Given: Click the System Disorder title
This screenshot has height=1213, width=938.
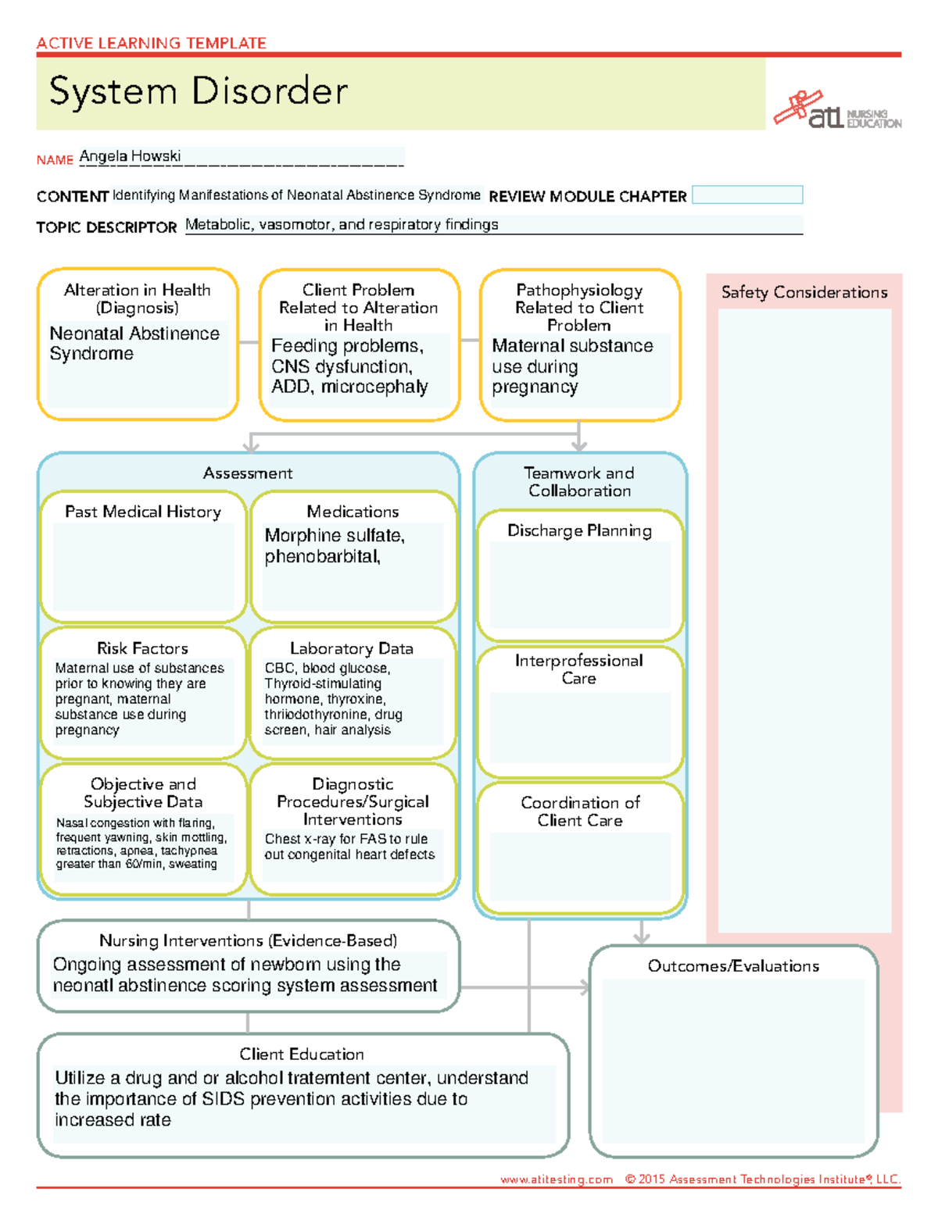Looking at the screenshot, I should coord(198,91).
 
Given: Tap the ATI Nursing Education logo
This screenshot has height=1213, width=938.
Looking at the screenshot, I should coord(837,111).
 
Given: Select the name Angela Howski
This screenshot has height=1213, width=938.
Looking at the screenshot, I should coord(130,156).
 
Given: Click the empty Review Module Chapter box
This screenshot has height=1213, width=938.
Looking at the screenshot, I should coord(747,195).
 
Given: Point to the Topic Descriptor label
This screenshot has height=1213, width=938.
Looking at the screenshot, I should coord(106,227).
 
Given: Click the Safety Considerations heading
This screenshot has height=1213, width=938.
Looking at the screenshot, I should coord(804,293).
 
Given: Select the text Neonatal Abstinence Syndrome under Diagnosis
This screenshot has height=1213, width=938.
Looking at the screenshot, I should coord(134,344).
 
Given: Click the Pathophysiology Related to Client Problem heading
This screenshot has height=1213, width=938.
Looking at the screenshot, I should coord(579,308).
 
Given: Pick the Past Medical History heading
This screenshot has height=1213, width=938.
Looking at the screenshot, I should coord(143,512).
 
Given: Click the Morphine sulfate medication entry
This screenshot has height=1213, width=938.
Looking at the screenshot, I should coord(334,536).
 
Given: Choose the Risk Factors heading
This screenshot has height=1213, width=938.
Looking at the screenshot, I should coord(142,648).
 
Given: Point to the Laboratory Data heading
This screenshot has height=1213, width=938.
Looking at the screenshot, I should coord(352,648).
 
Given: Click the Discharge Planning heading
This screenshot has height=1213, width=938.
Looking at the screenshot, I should coord(579,531).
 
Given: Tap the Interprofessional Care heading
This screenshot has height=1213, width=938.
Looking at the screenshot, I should coord(579,669).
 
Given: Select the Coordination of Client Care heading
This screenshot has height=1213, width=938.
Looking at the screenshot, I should coord(580,812).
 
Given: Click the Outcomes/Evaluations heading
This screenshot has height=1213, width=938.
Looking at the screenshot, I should coord(733,966).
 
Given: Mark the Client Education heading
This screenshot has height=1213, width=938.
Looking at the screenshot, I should coord(302,1054).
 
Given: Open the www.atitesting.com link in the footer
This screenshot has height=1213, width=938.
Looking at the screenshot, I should coord(557,1179).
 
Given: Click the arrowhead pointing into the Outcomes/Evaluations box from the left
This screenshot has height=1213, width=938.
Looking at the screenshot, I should coord(583,987).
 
